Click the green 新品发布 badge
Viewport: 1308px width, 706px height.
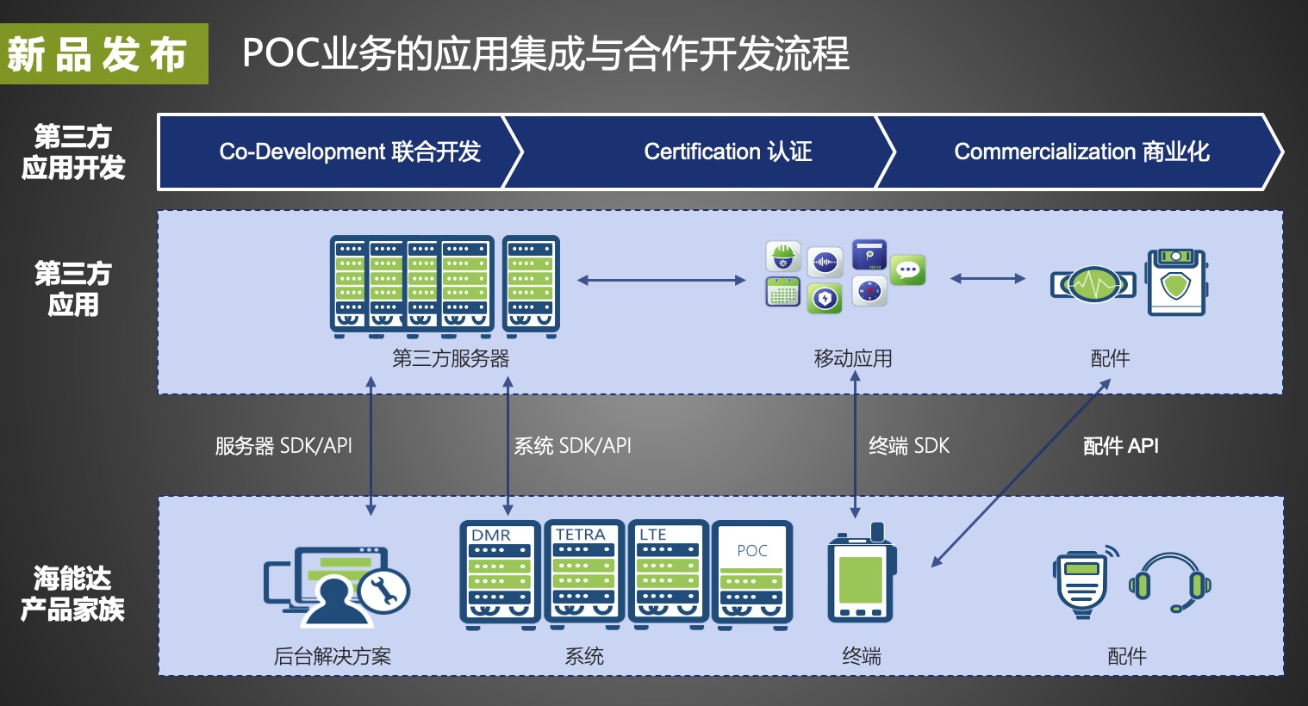click(103, 53)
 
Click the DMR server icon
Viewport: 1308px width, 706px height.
click(500, 573)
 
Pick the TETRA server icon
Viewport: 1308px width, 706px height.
click(583, 573)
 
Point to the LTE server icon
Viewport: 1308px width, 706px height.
click(668, 573)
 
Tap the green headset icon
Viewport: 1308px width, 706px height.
click(1169, 582)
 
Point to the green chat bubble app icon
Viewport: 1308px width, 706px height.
click(907, 269)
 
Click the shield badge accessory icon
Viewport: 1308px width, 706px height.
click(1175, 282)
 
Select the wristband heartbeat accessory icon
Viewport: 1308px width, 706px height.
click(1093, 283)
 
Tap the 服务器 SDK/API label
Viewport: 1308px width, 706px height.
click(283, 446)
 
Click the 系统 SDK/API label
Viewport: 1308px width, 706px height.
click(572, 446)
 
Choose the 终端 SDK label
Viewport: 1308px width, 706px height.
click(908, 446)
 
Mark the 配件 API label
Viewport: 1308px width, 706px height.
click(1120, 446)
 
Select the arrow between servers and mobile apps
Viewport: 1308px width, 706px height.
click(661, 280)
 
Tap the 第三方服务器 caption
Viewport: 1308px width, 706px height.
click(451, 358)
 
